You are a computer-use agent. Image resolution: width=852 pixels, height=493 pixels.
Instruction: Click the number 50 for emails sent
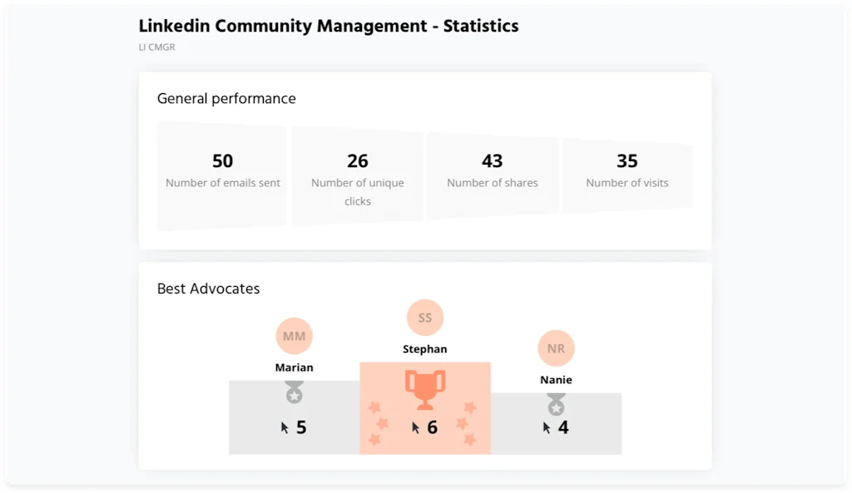tap(222, 160)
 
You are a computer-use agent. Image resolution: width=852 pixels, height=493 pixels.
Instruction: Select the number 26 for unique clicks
tap(358, 160)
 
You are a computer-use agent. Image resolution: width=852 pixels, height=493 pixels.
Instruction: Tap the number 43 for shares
tap(493, 160)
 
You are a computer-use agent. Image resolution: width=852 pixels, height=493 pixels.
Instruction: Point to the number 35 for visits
tap(627, 160)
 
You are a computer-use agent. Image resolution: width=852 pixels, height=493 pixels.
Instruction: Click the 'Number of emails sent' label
tap(223, 183)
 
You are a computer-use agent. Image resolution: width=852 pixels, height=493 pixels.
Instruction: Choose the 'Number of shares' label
tap(493, 183)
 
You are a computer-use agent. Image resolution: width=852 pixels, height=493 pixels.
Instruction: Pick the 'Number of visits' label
tap(627, 183)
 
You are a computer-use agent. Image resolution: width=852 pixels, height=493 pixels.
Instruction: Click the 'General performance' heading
tap(226, 98)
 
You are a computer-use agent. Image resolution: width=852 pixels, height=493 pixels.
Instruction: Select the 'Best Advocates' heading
tap(208, 288)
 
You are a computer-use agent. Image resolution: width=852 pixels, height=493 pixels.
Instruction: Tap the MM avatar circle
tap(294, 336)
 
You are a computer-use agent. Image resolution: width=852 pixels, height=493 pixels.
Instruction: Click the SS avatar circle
tap(425, 318)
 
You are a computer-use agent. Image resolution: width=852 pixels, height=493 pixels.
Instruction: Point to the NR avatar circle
tap(556, 348)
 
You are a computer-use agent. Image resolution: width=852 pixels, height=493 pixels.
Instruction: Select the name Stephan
tap(425, 349)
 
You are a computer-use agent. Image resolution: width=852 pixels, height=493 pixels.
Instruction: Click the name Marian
tap(295, 367)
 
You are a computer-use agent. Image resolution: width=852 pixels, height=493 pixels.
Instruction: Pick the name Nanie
tap(556, 380)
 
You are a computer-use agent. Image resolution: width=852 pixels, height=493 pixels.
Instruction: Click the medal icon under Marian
tap(294, 392)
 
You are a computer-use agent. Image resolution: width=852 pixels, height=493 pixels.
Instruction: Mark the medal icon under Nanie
tap(556, 405)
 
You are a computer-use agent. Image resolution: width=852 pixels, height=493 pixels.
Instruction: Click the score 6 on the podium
tap(432, 427)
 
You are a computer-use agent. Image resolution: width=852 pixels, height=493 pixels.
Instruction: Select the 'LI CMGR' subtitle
tap(156, 47)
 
